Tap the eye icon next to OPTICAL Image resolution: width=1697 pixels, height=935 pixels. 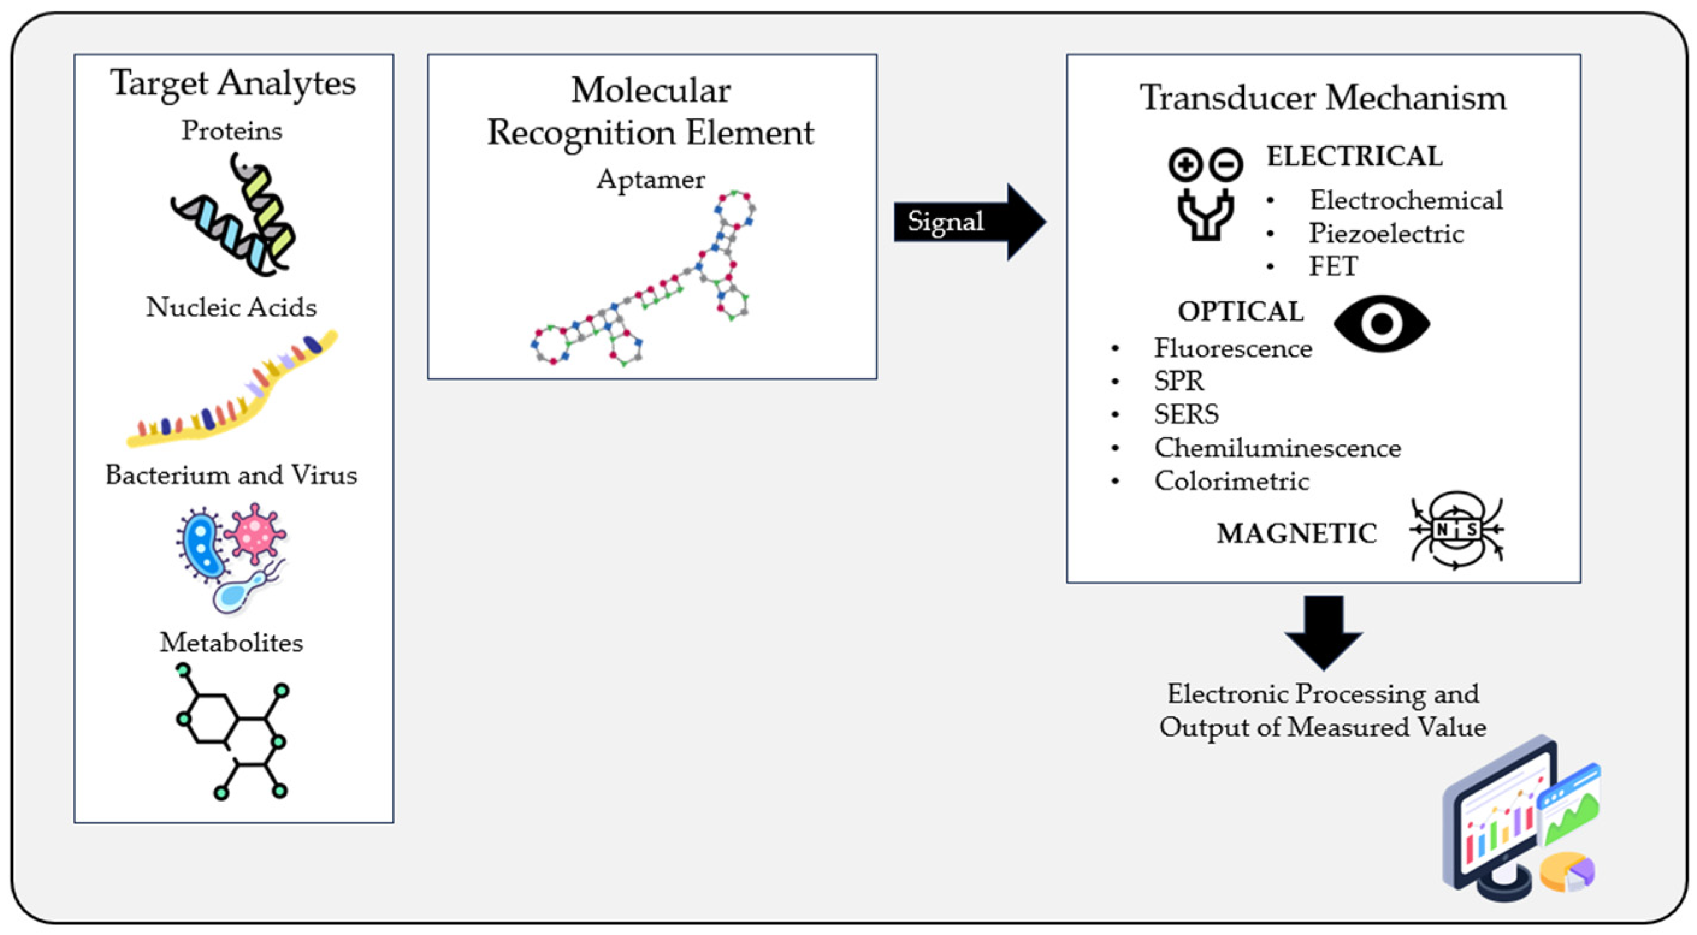[1382, 323]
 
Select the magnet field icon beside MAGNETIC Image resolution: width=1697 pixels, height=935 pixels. [1456, 530]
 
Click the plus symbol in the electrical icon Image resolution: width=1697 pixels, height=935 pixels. [1185, 165]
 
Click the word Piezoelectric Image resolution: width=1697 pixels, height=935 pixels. [1385, 233]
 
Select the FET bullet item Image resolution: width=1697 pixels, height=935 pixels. [1333, 266]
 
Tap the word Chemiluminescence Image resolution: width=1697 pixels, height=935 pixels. [1277, 448]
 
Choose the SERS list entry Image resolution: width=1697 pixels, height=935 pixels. [1185, 414]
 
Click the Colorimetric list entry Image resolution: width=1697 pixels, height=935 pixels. [1231, 480]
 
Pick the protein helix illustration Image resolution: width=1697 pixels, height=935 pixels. [234, 216]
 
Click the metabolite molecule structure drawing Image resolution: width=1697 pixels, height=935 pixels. [232, 731]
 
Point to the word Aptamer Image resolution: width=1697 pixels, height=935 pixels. [650, 179]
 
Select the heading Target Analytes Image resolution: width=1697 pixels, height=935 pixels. [232, 84]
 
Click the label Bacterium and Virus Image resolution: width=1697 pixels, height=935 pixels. [231, 475]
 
